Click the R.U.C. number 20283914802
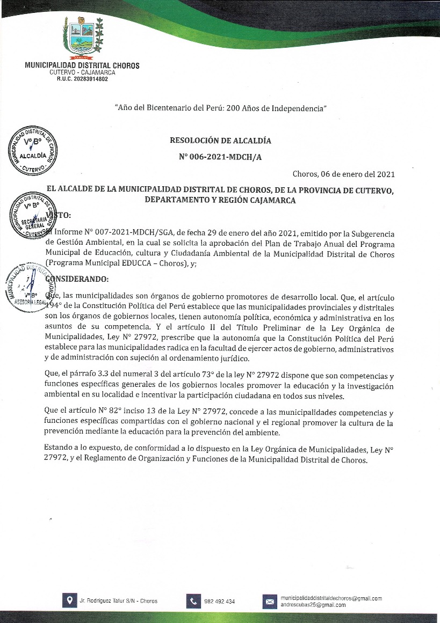[82, 79]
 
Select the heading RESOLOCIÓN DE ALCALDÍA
[220, 141]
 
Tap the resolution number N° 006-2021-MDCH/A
[220, 157]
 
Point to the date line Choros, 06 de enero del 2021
[343, 174]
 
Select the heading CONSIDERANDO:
[77, 280]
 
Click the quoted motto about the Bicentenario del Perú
[221, 108]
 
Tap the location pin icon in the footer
[68, 601]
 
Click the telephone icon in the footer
[193, 601]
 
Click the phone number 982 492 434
[219, 602]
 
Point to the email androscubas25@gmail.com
[313, 605]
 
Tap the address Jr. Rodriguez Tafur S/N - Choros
[118, 601]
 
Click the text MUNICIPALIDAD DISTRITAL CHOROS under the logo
[82, 66]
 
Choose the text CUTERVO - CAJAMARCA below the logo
[82, 72]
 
